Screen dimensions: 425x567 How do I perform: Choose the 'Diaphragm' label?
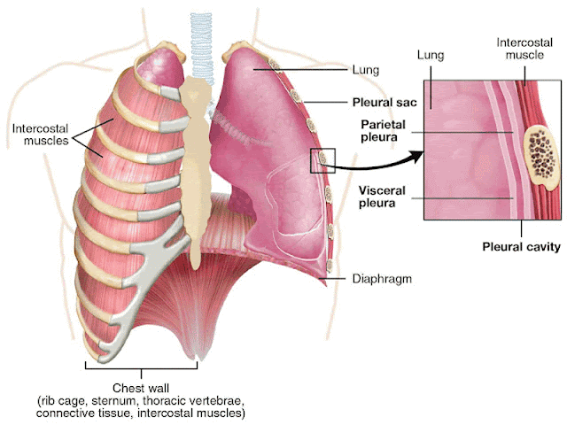384,278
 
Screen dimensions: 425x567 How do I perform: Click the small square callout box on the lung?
322,160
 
